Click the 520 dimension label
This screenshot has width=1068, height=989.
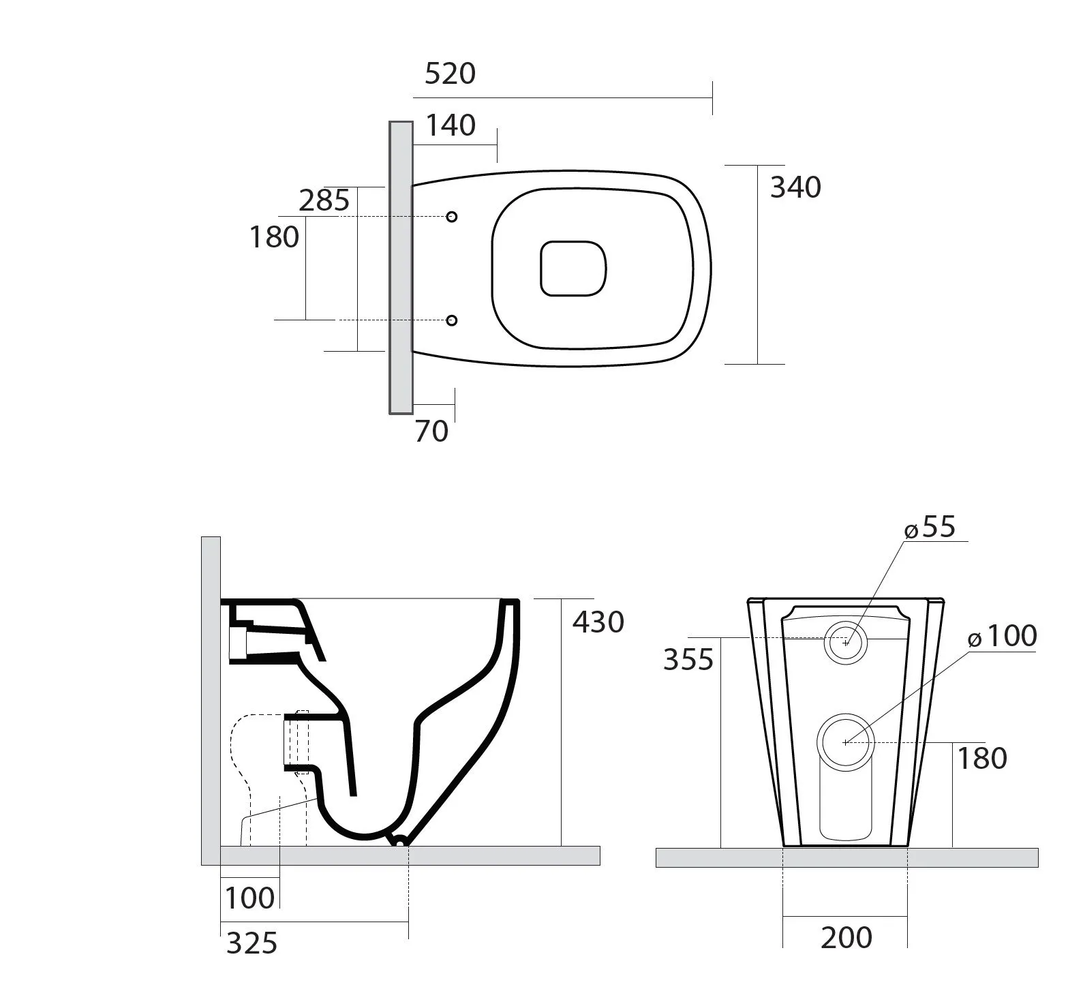[x=449, y=74]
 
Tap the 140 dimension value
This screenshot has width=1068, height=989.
[x=450, y=125]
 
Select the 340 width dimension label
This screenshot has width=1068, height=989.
[x=795, y=187]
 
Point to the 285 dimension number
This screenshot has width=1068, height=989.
[x=324, y=201]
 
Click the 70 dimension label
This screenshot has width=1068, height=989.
[x=431, y=431]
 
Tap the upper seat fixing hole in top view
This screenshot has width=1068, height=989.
[x=451, y=217]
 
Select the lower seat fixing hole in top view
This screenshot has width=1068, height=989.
[x=451, y=320]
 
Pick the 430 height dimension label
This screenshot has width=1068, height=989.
[x=598, y=622]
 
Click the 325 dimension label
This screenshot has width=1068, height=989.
[x=251, y=943]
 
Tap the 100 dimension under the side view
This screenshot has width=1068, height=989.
[x=249, y=898]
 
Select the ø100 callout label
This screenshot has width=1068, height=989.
[x=1002, y=636]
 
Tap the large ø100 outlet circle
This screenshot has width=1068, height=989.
[x=845, y=742]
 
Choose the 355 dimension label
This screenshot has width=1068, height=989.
[x=688, y=660]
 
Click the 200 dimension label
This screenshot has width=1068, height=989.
[x=846, y=938]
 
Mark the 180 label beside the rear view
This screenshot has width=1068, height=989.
[x=982, y=758]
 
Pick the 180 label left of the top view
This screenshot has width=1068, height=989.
[x=274, y=237]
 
